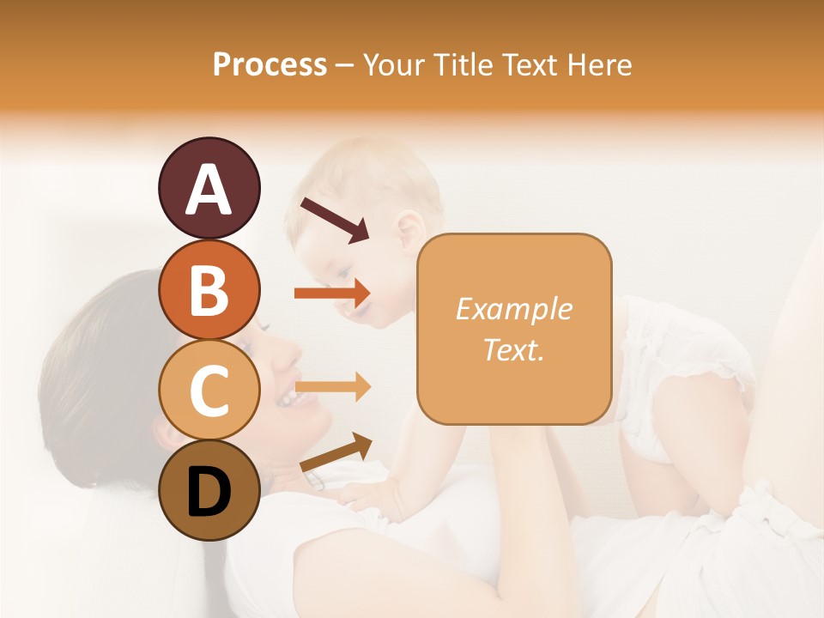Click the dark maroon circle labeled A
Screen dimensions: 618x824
pyautogui.click(x=209, y=189)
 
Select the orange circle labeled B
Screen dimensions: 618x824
pyautogui.click(x=209, y=290)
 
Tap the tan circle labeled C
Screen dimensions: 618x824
pyautogui.click(x=209, y=390)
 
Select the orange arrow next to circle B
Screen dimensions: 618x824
pyautogui.click(x=332, y=294)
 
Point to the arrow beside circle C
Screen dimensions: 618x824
pyautogui.click(x=332, y=388)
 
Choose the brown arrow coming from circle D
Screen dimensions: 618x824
pyautogui.click(x=336, y=452)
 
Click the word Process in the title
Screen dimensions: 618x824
pyautogui.click(x=270, y=64)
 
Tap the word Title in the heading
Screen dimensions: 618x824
pyautogui.click(x=462, y=64)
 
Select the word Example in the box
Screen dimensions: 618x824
pyautogui.click(x=514, y=310)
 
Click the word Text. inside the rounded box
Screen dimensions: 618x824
pyautogui.click(x=514, y=349)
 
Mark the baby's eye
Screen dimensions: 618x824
pyautogui.click(x=345, y=274)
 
